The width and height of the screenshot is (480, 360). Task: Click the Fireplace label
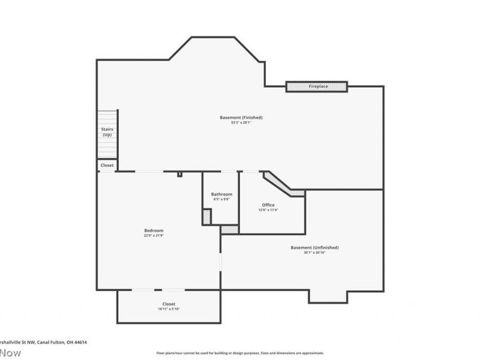point(318,86)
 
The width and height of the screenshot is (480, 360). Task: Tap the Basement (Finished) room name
point(241,117)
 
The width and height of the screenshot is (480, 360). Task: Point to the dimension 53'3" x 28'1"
point(241,123)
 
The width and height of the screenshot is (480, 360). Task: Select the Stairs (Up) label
point(107,132)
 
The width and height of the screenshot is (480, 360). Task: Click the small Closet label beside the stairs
point(107,165)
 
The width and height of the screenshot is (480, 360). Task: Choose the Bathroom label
point(221,194)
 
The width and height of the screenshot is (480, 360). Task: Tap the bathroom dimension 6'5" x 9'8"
point(221,200)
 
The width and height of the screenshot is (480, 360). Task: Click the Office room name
point(268,205)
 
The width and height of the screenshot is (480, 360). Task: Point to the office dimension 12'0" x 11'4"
point(268,211)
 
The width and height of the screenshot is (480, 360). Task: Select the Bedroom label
point(154,230)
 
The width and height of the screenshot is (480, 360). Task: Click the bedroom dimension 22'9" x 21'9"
point(154,236)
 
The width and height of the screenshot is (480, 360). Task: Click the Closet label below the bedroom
point(169,304)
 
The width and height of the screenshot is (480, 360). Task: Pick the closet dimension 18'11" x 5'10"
point(169,310)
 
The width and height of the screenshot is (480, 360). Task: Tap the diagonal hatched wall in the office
point(282,184)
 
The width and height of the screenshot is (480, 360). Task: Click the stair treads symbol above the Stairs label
point(107,117)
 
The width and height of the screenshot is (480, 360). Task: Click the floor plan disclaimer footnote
point(240,353)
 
